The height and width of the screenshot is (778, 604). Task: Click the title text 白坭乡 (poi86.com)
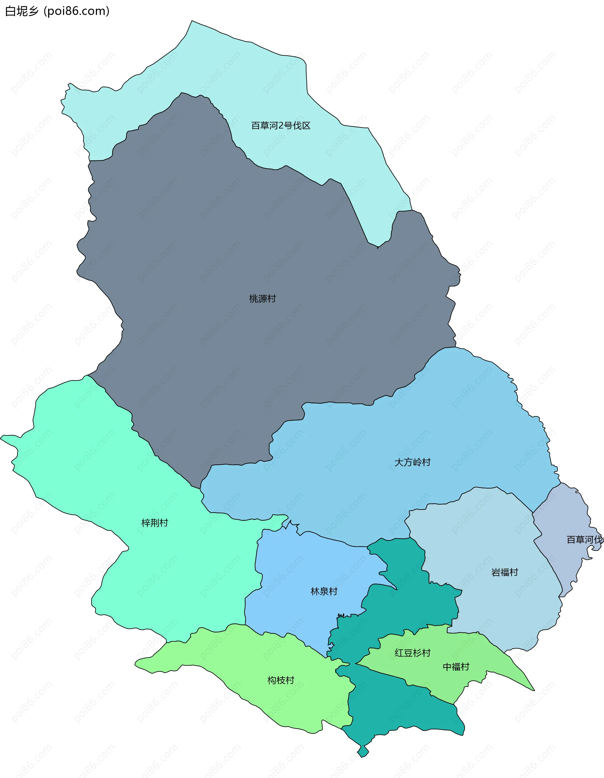pyautogui.click(x=57, y=11)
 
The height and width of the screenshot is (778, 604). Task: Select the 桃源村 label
pyautogui.click(x=262, y=299)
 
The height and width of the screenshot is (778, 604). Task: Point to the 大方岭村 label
pyautogui.click(x=412, y=462)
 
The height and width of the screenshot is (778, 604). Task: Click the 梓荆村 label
pyautogui.click(x=154, y=523)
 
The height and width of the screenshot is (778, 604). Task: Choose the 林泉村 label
pyautogui.click(x=324, y=592)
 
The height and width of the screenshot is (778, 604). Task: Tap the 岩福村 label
pyautogui.click(x=504, y=572)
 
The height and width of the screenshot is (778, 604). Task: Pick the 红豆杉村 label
pyautogui.click(x=412, y=653)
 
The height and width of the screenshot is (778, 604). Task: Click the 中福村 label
pyautogui.click(x=456, y=667)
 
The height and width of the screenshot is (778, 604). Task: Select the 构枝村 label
pyautogui.click(x=281, y=680)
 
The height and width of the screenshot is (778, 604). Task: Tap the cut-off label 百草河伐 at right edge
pyautogui.click(x=584, y=540)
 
